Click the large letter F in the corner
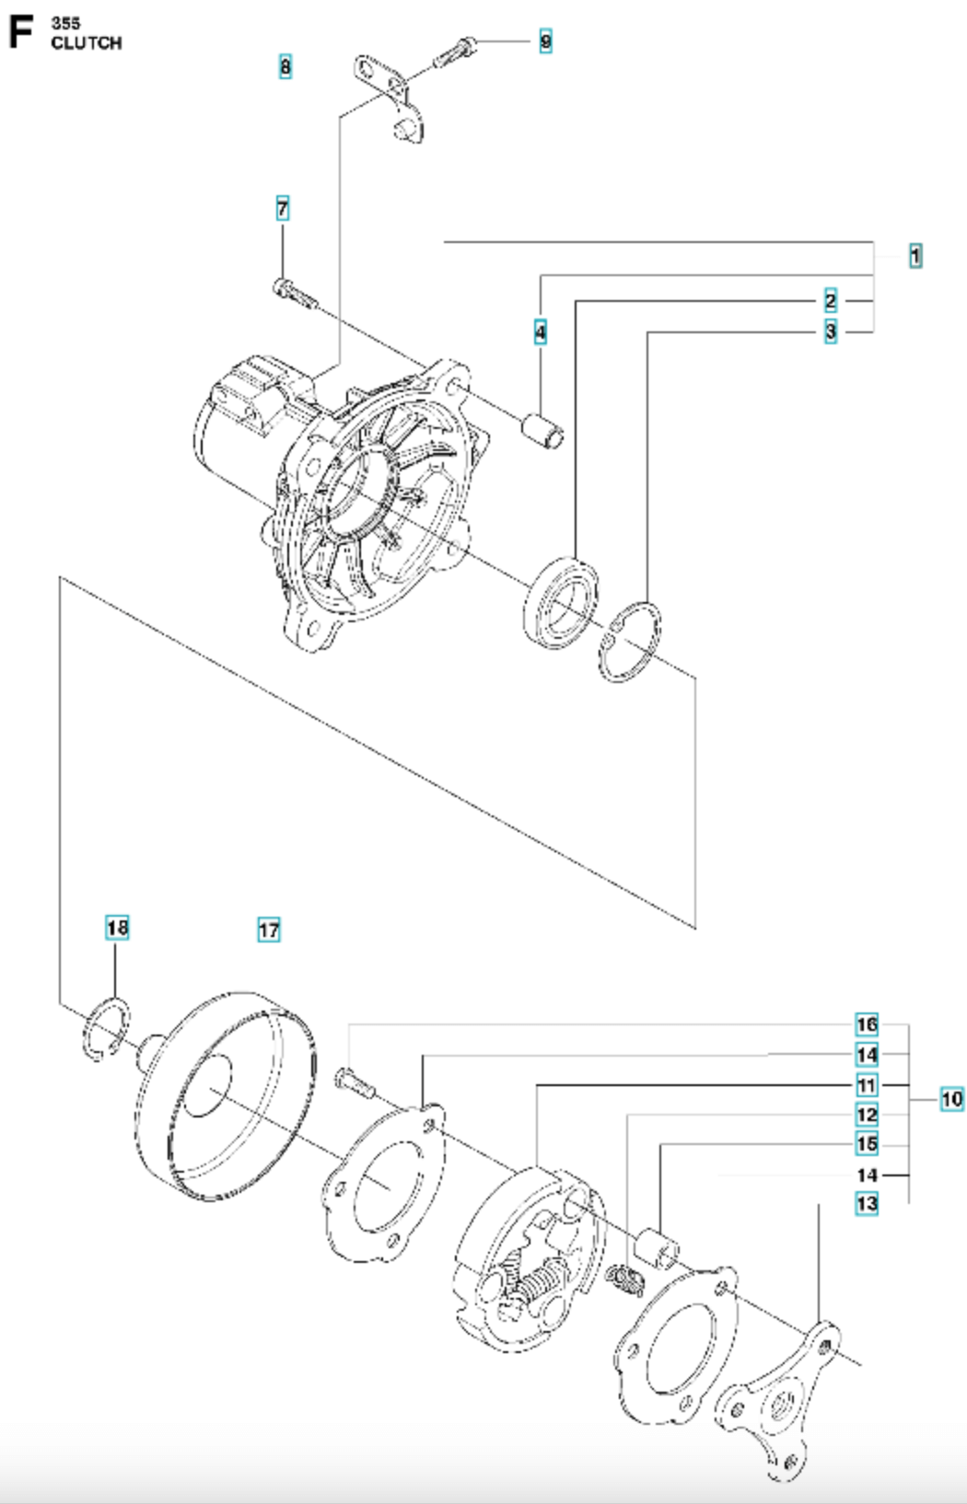(20, 33)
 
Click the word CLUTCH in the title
(87, 43)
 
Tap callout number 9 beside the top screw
(545, 41)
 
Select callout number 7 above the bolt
(283, 209)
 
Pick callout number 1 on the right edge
(915, 255)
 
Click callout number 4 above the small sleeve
(541, 331)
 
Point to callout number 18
(117, 927)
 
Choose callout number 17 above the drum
(268, 930)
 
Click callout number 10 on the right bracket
(951, 1098)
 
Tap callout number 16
(867, 1024)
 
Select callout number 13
(867, 1203)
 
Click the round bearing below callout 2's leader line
(560, 602)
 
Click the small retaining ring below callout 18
(107, 1028)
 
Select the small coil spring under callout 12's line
(630, 1278)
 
